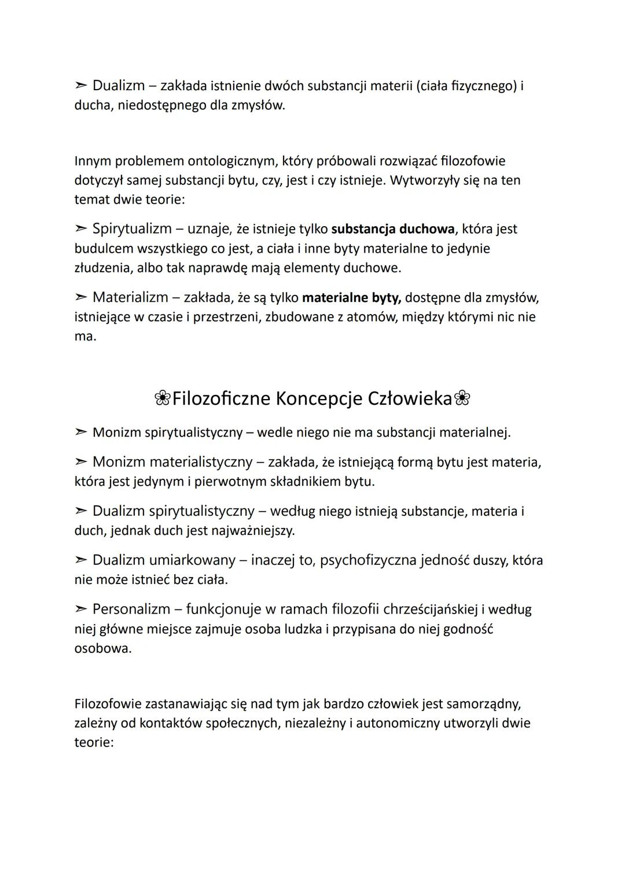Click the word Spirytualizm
point(132,229)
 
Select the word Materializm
point(131,298)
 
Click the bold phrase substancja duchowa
point(392,229)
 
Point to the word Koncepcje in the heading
point(310,399)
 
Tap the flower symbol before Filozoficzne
point(163,398)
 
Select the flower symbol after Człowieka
point(462,398)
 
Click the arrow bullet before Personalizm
point(80,609)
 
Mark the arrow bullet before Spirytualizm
point(80,230)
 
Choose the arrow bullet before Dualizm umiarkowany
point(80,561)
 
